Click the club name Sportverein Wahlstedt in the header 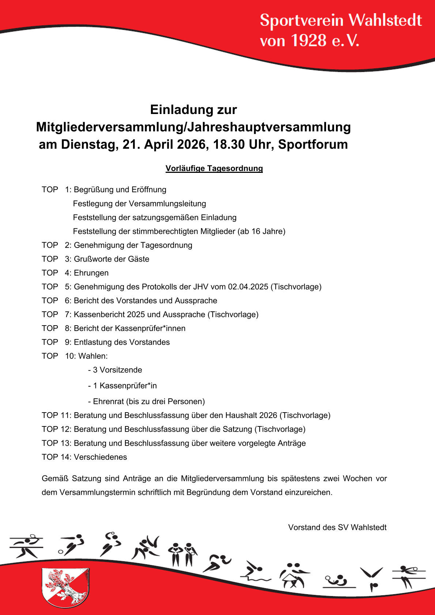(x=341, y=20)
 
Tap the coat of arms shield (x=65, y=587)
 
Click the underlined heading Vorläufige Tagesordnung (x=214, y=168)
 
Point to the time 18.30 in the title (x=229, y=144)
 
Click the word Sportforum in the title (x=313, y=144)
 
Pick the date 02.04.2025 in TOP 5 (x=248, y=287)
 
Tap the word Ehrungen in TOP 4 (x=91, y=273)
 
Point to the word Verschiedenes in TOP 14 (x=101, y=457)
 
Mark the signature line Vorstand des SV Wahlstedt (x=337, y=527)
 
